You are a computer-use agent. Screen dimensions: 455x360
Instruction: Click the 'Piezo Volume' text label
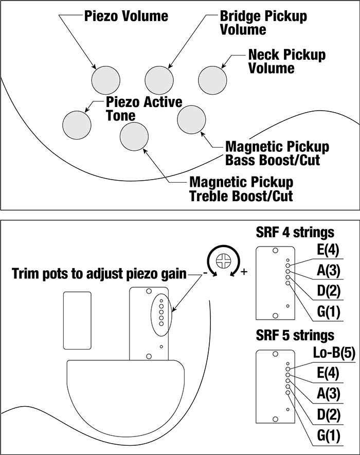point(126,16)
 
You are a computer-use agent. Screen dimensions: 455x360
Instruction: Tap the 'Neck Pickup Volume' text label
point(286,61)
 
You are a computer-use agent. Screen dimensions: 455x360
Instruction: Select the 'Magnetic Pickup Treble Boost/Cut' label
point(241,189)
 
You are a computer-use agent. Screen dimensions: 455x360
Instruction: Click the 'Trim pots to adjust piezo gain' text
point(99,273)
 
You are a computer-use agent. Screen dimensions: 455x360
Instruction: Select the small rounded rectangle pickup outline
point(77,319)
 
